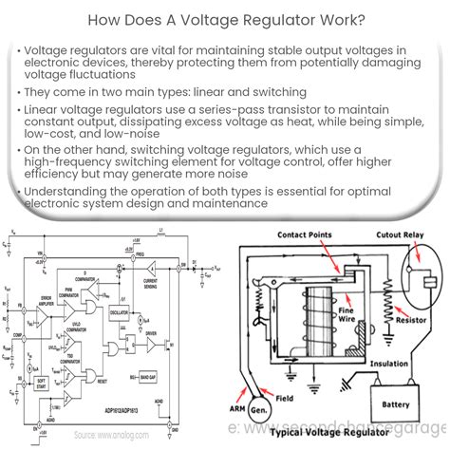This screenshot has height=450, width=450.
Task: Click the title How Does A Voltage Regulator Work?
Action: tap(225, 18)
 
